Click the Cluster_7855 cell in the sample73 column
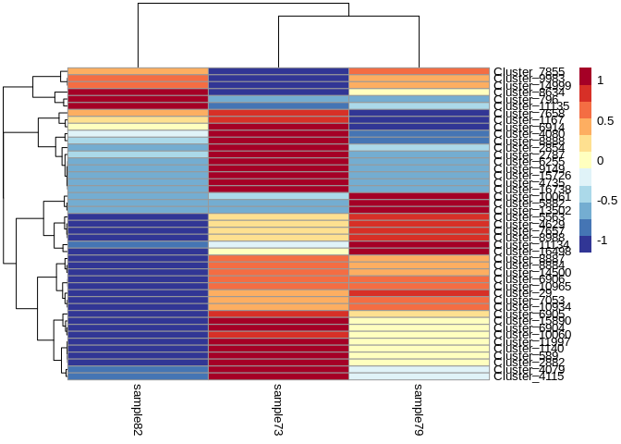278,71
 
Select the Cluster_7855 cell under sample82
138,71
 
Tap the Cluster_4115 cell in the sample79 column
419,376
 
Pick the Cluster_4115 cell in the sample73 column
278,376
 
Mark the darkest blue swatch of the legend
585,244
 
